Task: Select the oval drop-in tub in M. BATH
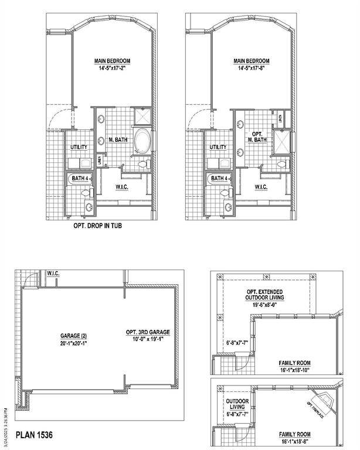pyautogui.click(x=142, y=142)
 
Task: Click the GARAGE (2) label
pyautogui.click(x=75, y=336)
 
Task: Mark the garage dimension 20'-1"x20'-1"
pyautogui.click(x=75, y=343)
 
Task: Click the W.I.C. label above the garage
pyautogui.click(x=54, y=273)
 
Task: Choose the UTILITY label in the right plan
pyautogui.click(x=218, y=147)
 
